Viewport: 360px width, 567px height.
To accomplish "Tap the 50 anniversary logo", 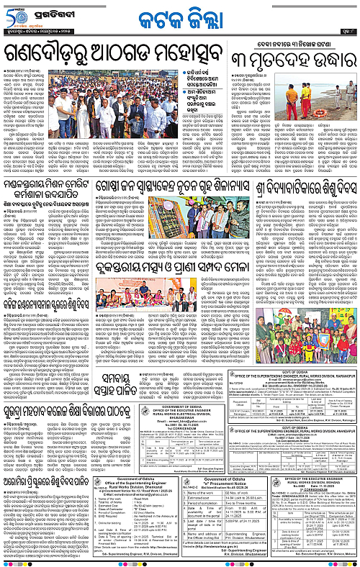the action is pyautogui.click(x=16, y=16).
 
